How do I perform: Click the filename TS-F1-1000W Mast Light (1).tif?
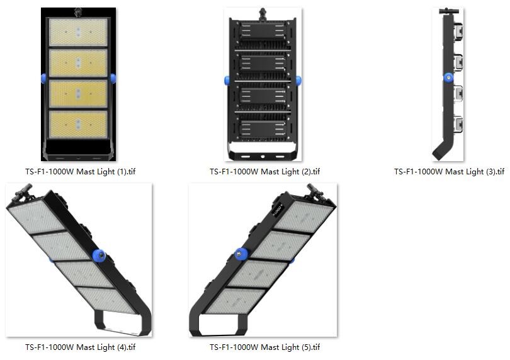coord(81,171)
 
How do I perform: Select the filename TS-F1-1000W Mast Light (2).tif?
coord(264,171)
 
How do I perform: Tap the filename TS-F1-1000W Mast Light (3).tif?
coord(449,171)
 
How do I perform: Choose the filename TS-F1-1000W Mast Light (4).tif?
coord(81,347)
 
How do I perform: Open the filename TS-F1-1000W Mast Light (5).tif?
coord(264,347)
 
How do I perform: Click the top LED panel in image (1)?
coord(78,32)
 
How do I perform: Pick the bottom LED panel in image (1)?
coord(78,125)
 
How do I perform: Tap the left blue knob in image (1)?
coord(43,79)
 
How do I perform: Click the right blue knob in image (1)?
coord(113,79)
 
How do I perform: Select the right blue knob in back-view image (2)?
coord(298,81)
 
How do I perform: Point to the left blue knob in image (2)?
coord(227,81)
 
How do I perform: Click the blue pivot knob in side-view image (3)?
coord(448,77)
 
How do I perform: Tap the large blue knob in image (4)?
coord(99,255)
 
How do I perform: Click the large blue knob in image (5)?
coord(241,254)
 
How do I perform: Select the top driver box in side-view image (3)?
coord(458,31)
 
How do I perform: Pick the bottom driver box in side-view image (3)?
coord(458,125)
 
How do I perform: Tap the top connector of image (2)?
coord(263,14)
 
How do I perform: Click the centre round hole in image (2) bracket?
coord(263,157)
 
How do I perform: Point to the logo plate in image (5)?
coord(278,210)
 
